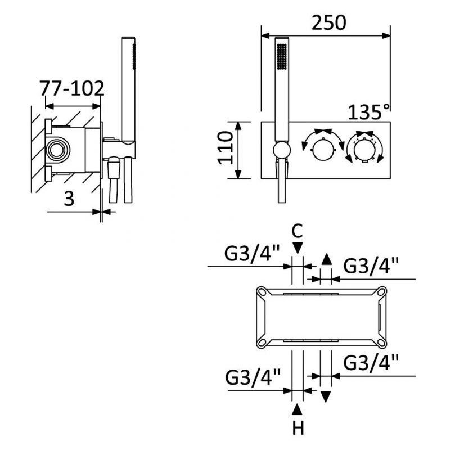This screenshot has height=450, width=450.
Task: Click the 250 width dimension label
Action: pos(329,22)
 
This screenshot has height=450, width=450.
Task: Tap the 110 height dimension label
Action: pos(226,148)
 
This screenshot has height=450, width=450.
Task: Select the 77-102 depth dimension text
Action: pos(72,88)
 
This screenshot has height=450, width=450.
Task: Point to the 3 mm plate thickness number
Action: pos(69,198)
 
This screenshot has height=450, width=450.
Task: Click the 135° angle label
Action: pos(369,111)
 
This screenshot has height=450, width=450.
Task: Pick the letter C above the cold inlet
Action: pos(298,231)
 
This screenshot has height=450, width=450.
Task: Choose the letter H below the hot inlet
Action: pos(298,429)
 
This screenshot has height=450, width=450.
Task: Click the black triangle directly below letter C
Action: pos(298,247)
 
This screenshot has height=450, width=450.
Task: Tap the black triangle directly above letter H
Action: pos(298,409)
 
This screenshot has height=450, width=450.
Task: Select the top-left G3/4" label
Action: pos(251,254)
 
